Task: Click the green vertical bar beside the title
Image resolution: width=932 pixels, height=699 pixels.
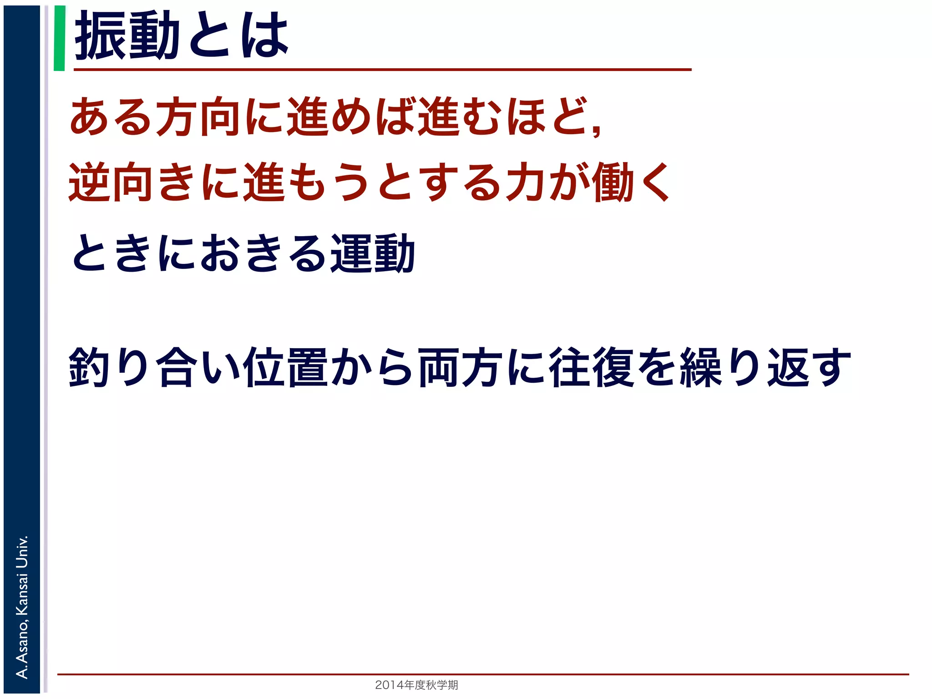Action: (59, 38)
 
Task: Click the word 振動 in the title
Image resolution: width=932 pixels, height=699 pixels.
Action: (127, 35)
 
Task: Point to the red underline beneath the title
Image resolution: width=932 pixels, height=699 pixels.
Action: (382, 70)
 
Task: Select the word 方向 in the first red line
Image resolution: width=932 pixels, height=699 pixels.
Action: (198, 116)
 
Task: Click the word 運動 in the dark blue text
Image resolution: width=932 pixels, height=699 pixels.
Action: (372, 253)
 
